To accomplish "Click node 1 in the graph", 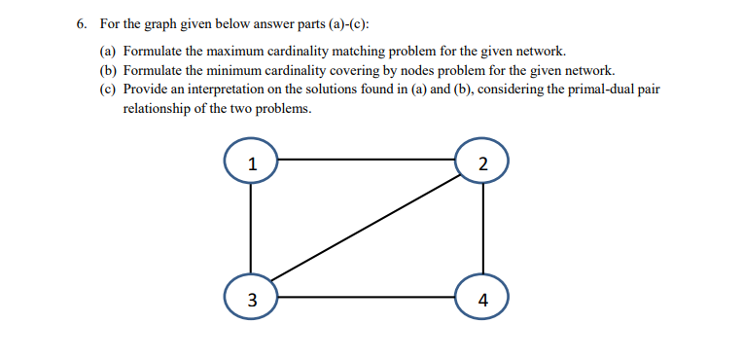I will click(x=252, y=162).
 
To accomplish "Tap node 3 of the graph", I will click(x=252, y=298).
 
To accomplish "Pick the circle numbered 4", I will click(x=481, y=298).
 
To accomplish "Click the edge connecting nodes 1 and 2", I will click(x=367, y=159).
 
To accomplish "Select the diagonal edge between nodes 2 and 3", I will click(x=367, y=230).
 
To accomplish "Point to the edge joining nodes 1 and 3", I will click(x=252, y=230).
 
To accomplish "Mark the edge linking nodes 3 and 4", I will click(x=367, y=297).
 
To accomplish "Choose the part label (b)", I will click(x=110, y=70).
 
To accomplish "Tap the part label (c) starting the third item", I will click(x=110, y=90).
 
